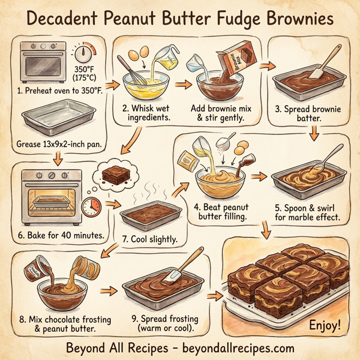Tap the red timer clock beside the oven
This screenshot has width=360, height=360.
[x=92, y=206]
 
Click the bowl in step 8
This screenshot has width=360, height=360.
[x=60, y=293]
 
